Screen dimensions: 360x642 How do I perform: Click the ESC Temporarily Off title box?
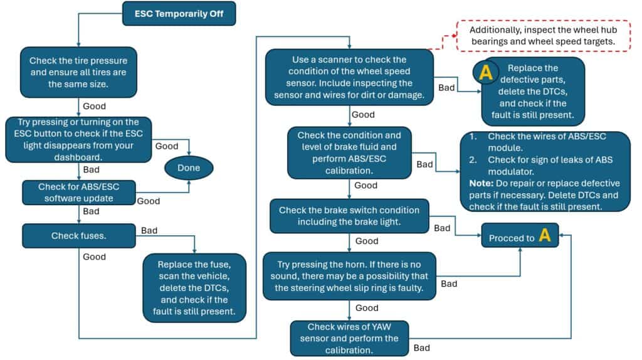click(x=179, y=13)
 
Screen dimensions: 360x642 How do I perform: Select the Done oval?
click(x=188, y=167)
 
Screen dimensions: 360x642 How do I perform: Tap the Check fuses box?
click(x=78, y=236)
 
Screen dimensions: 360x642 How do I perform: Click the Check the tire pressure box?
click(x=78, y=71)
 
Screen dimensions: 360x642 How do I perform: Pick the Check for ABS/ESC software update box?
click(x=78, y=192)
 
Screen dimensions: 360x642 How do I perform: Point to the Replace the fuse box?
click(x=193, y=287)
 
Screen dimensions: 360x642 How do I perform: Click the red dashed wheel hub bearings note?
click(x=542, y=35)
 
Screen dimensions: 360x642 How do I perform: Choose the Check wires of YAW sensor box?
click(x=349, y=338)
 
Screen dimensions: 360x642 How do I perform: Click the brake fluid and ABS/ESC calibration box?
click(x=349, y=152)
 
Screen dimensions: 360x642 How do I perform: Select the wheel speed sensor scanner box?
click(x=349, y=77)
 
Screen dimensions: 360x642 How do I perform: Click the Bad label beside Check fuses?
click(x=149, y=231)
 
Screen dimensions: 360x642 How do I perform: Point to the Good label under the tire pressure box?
click(x=94, y=107)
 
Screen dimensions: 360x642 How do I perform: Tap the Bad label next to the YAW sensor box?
click(x=422, y=348)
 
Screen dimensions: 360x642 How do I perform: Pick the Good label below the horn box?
click(x=366, y=308)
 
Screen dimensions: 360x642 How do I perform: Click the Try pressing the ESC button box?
click(x=78, y=139)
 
